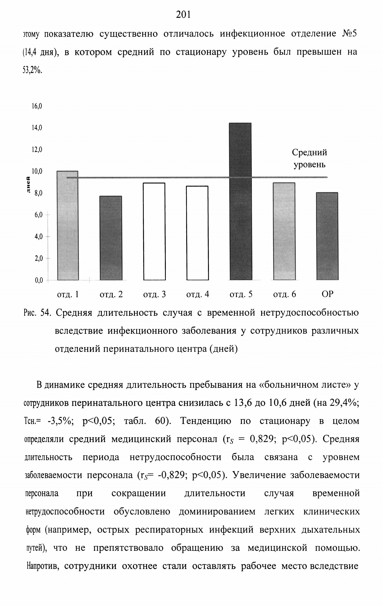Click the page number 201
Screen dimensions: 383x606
183,14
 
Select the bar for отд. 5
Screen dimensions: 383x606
240,201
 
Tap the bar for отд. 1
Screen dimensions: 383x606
68,226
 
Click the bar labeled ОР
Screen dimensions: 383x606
327,236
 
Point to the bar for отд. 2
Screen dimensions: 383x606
111,238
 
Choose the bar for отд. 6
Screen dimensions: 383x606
284,231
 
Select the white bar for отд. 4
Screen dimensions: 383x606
197,233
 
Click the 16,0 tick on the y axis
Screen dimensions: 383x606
37,106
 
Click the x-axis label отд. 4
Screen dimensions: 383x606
197,294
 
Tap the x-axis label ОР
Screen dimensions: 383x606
327,294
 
